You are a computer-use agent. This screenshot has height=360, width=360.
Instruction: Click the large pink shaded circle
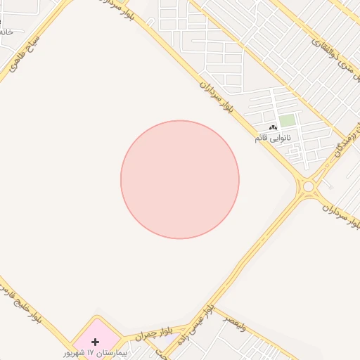coord(180,179)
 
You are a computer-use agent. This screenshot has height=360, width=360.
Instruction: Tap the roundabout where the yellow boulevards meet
coord(308,187)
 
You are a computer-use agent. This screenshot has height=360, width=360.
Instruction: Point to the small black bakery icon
coord(273,127)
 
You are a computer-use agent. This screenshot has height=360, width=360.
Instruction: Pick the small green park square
coord(287,120)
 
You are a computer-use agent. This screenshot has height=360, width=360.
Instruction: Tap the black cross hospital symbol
coord(95,341)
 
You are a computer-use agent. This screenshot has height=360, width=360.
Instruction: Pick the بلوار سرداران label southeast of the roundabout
coord(342,215)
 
